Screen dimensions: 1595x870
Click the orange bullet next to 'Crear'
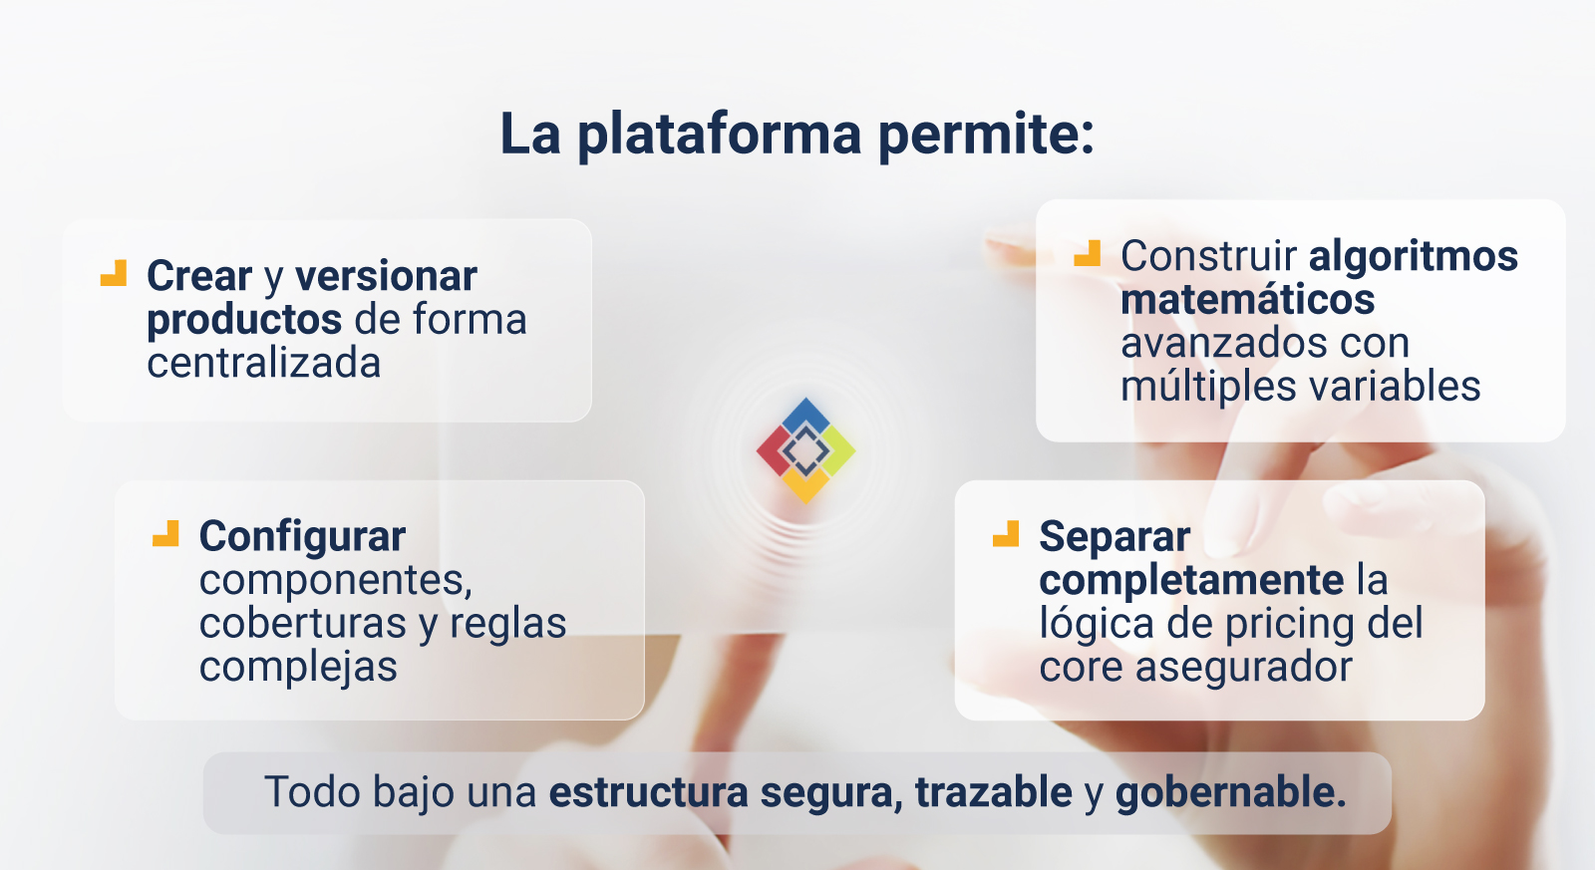114,273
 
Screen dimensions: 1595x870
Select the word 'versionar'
386,276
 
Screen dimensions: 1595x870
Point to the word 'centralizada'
263,363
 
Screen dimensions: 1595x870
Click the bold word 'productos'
244,320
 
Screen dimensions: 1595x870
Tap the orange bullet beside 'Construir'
1087,253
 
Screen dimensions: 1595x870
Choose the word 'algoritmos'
1414,256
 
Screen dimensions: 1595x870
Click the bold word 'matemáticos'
1247,299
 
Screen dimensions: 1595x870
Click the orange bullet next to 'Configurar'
165,533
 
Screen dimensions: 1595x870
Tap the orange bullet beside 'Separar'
1006,534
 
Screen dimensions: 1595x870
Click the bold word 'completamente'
1191,581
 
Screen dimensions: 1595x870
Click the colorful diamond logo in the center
805,450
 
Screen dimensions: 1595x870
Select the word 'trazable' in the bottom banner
993,791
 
